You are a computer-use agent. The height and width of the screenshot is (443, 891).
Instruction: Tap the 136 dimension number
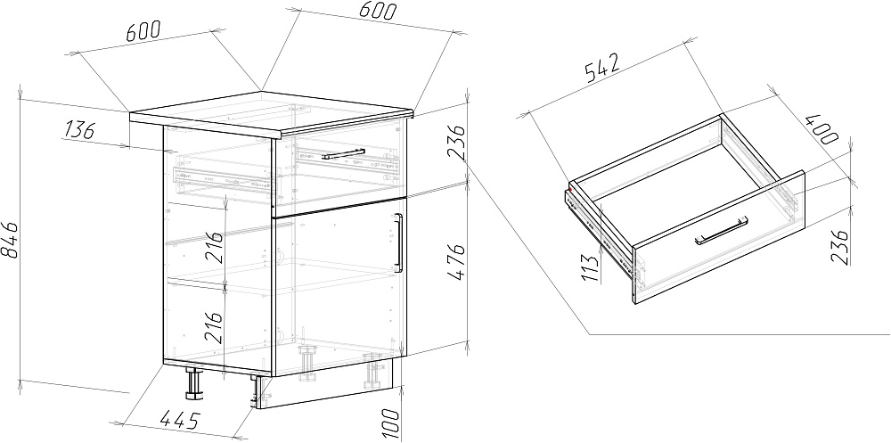78,131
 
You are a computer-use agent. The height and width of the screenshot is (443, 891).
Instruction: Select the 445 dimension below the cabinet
180,420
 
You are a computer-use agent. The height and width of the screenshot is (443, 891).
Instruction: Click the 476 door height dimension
455,263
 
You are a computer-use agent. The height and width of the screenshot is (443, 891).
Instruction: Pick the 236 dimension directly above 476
455,144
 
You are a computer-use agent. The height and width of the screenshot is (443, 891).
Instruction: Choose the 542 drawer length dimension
600,68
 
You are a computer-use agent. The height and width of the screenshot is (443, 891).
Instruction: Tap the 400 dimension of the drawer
822,129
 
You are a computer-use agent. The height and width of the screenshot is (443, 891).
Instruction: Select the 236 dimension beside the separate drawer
840,247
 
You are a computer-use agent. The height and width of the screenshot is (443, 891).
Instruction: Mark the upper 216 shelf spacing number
215,247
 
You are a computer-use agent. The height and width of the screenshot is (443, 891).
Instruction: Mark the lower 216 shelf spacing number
215,326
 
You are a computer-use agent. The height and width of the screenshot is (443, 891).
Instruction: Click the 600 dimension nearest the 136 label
143,30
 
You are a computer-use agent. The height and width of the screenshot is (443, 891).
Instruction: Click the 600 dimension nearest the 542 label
377,10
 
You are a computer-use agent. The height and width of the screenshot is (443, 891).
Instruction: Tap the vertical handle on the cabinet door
398,242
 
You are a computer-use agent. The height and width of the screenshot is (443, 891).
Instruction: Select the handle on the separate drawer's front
722,231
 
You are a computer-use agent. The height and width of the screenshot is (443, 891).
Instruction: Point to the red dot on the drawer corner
570,189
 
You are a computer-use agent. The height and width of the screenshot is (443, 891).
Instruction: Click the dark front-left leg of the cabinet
193,383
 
